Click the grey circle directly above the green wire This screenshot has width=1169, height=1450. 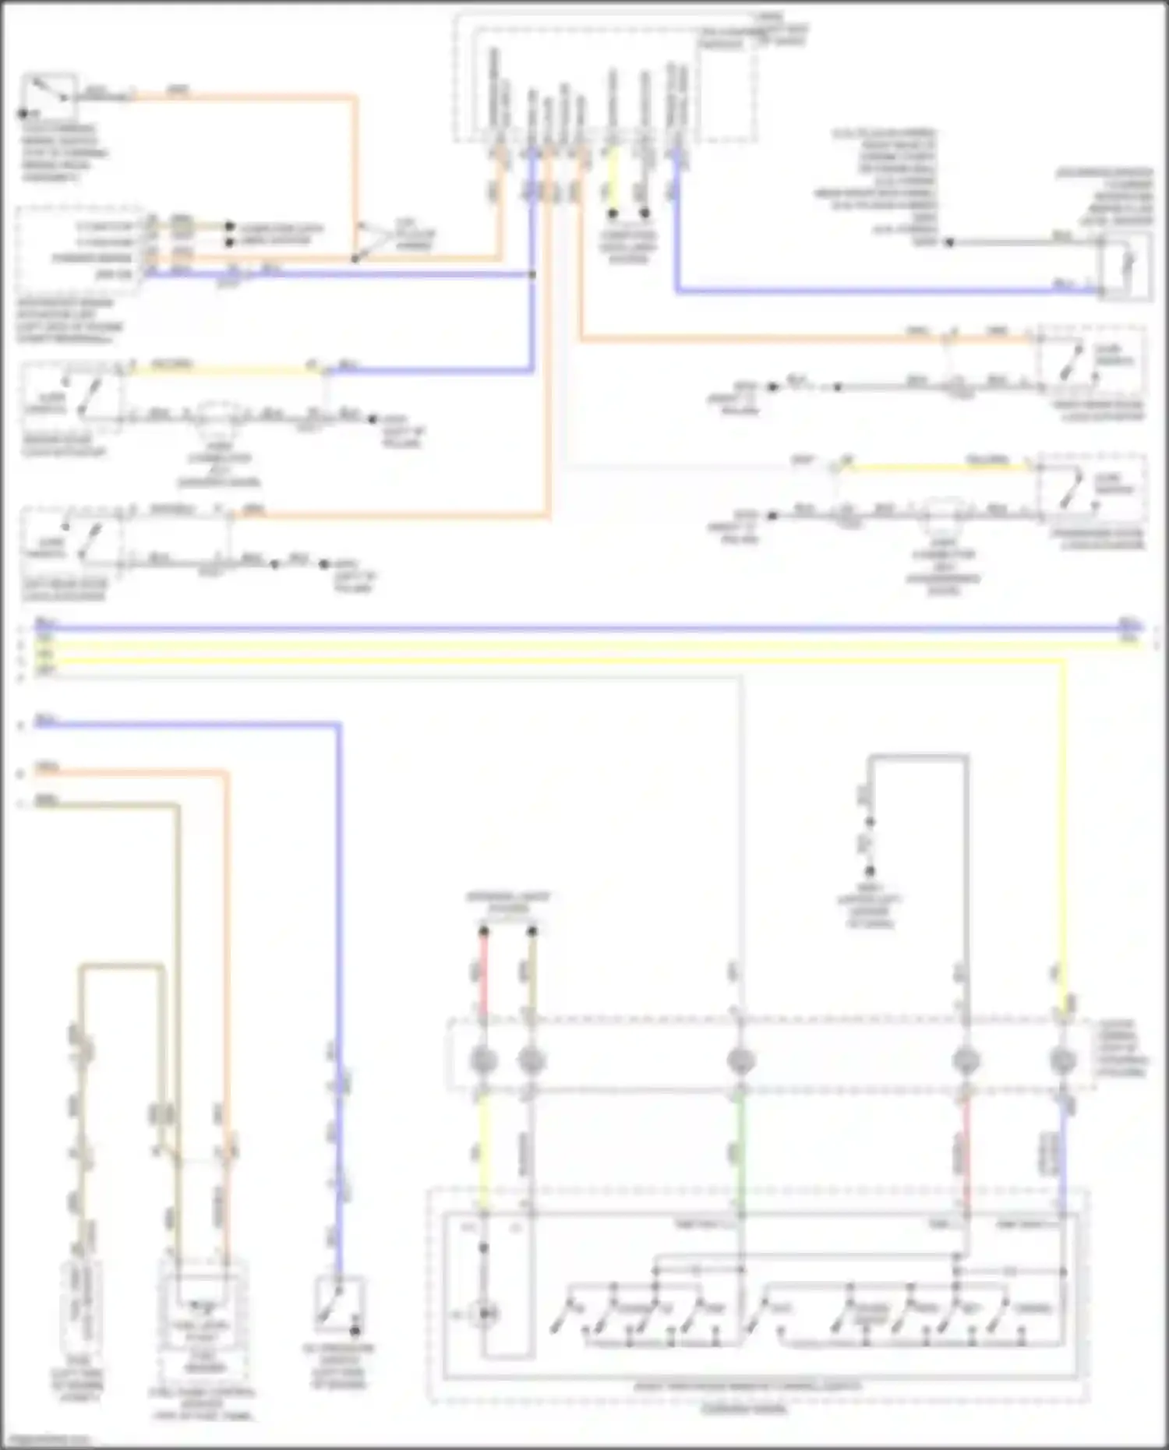coord(740,1060)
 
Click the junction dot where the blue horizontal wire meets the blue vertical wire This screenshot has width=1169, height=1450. coord(533,275)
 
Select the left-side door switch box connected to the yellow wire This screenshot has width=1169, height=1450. coord(72,397)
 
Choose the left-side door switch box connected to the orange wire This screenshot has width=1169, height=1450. coord(72,544)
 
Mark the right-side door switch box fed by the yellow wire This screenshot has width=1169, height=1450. coord(1091,491)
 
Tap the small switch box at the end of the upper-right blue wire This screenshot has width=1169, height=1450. coord(1125,268)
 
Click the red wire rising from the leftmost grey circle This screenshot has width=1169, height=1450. coord(483,974)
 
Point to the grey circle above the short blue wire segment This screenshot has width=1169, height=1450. coord(1063,1060)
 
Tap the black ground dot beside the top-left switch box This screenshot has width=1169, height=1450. coord(23,114)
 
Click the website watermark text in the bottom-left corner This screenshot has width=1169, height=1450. coord(43,1440)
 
